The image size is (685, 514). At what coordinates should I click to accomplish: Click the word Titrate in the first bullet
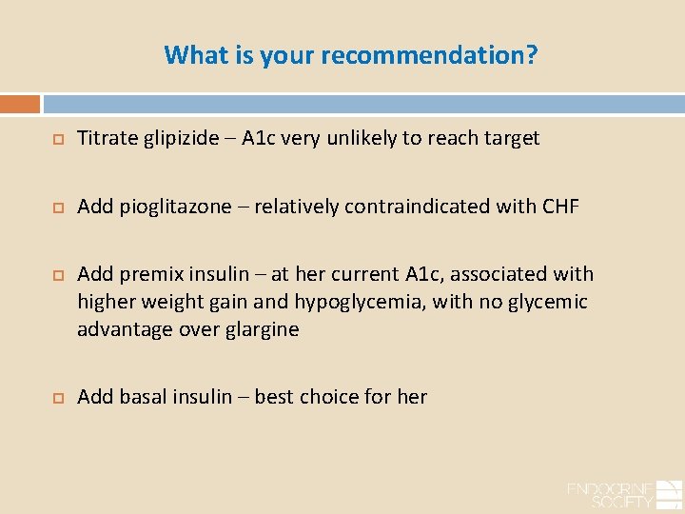(107, 138)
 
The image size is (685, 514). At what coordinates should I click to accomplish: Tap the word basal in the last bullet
(144, 397)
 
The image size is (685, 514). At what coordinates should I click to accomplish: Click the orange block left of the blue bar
(20, 104)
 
